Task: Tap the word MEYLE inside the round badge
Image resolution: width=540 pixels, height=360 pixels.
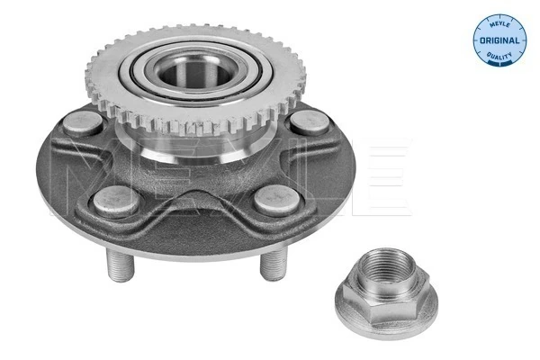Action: [499, 22]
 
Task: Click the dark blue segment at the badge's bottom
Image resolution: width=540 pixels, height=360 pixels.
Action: [499, 62]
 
